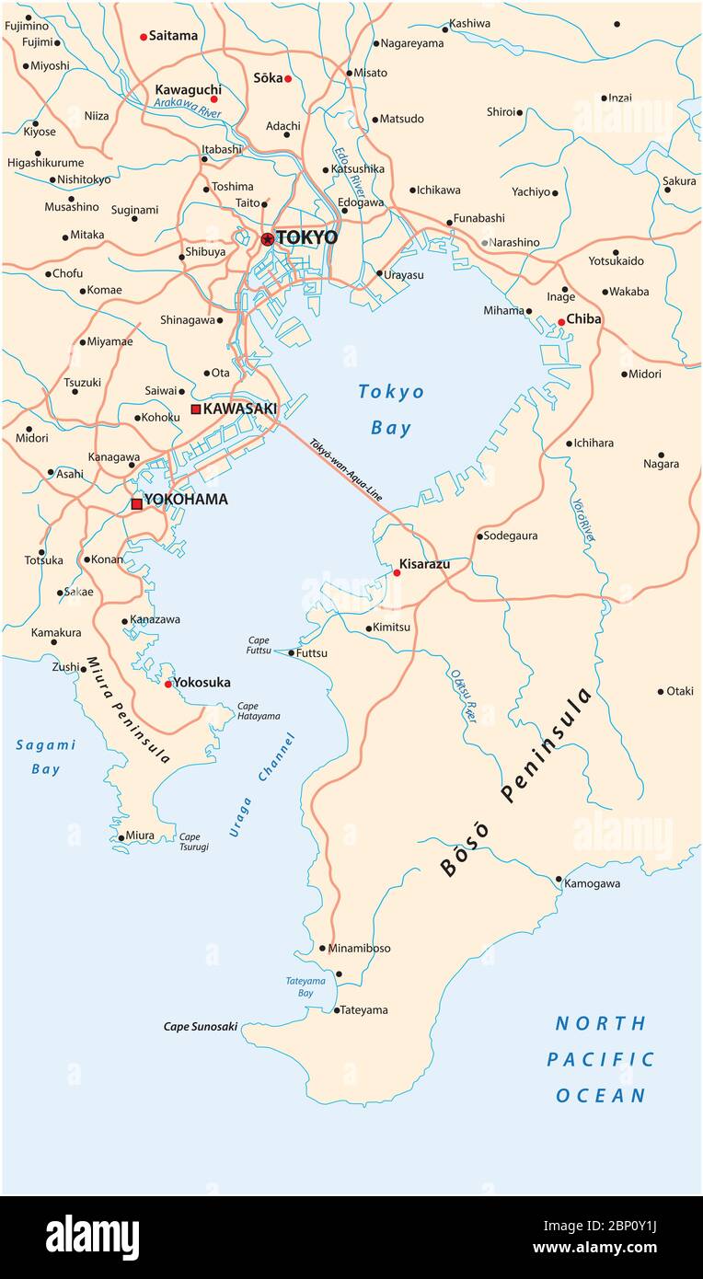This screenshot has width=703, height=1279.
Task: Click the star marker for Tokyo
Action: pyautogui.click(x=268, y=238)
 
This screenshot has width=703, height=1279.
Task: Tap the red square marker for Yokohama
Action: pyautogui.click(x=137, y=504)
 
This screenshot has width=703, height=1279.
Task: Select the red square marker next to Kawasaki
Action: pyautogui.click(x=196, y=409)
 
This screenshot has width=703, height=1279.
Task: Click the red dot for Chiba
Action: pyautogui.click(x=561, y=322)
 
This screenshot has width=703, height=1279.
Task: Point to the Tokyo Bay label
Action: pyautogui.click(x=391, y=409)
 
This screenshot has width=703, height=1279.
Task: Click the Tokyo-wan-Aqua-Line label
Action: pyautogui.click(x=346, y=470)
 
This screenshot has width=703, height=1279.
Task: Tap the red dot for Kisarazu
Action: pyautogui.click(x=397, y=572)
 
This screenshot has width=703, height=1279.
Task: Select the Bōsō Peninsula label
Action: pyautogui.click(x=516, y=782)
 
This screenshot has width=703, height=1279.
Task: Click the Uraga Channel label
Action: pyautogui.click(x=262, y=784)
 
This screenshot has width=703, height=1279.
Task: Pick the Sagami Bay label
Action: pyautogui.click(x=45, y=756)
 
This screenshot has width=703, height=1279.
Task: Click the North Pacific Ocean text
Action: pyautogui.click(x=601, y=1059)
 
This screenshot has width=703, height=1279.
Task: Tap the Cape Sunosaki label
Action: pyautogui.click(x=201, y=1026)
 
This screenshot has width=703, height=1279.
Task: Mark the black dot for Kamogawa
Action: pyautogui.click(x=559, y=879)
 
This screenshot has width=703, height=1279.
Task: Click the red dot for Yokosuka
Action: pyautogui.click(x=168, y=684)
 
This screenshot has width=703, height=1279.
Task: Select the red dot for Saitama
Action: pyautogui.click(x=144, y=37)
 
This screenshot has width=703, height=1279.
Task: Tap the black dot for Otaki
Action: pyautogui.click(x=661, y=691)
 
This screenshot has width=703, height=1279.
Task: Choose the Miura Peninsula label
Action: pyautogui.click(x=128, y=709)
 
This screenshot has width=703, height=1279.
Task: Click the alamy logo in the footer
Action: pyautogui.click(x=92, y=1238)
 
